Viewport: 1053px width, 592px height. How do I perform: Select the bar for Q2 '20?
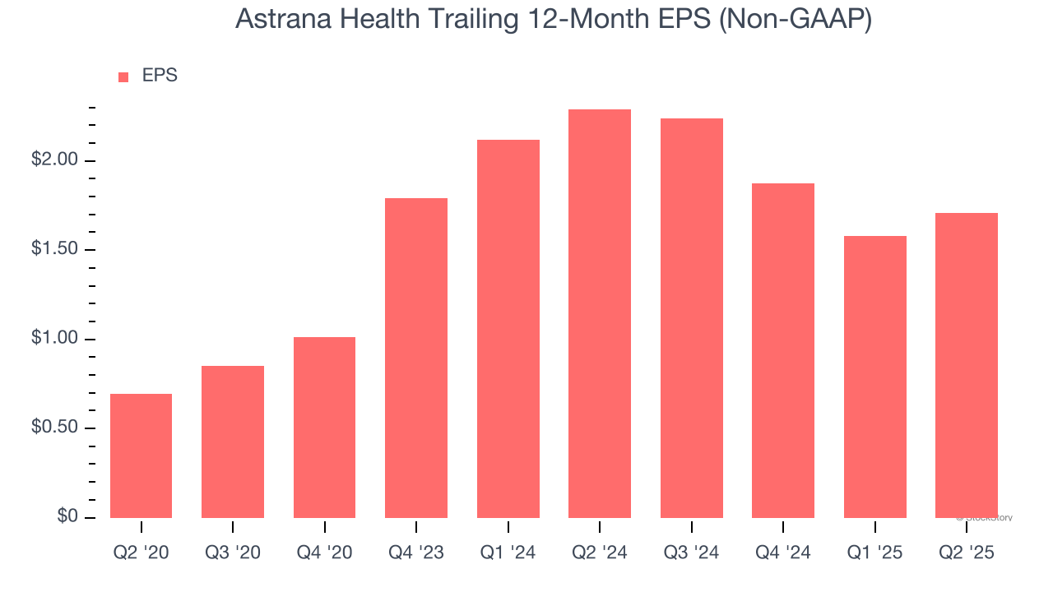pos(141,456)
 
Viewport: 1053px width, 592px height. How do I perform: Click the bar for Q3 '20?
pos(233,442)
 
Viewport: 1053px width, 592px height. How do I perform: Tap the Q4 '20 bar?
pos(324,428)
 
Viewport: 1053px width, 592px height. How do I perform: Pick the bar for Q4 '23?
pos(416,358)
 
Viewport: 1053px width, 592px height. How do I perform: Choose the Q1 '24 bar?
pos(508,329)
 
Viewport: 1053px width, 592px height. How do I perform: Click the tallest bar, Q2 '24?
pos(600,313)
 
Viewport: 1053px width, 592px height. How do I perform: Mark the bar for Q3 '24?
pos(692,318)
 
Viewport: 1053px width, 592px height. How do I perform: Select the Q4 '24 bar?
pos(783,350)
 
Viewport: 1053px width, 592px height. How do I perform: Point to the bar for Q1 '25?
pos(875,377)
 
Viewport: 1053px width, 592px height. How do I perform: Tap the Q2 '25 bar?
pos(967,365)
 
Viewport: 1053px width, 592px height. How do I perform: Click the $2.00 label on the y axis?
pos(56,160)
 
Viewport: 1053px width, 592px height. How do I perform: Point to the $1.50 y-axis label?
pos(56,250)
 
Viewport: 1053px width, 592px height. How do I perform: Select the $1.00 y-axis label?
pos(56,339)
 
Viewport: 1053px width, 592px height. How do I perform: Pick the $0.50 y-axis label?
pos(56,428)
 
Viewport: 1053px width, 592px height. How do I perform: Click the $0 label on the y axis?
pos(68,517)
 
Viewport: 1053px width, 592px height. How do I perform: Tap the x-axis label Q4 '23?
pos(416,553)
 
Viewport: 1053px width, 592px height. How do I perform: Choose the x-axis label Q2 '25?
pos(967,553)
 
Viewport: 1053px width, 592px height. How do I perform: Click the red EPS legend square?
pos(123,76)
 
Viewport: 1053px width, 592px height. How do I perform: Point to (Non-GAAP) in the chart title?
pos(796,18)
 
